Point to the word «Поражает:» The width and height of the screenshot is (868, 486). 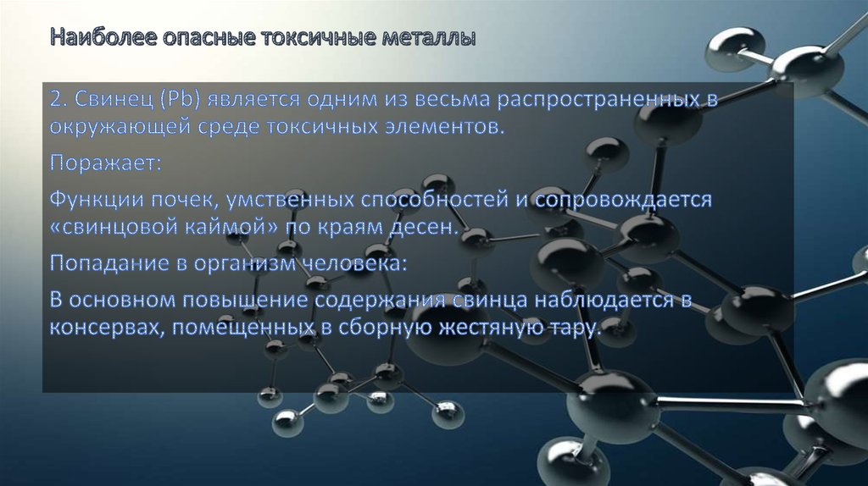pyautogui.click(x=104, y=163)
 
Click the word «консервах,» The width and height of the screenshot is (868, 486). pyautogui.click(x=107, y=328)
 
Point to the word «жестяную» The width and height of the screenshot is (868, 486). pyautogui.click(x=480, y=328)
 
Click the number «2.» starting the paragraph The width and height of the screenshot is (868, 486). pyautogui.click(x=58, y=99)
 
